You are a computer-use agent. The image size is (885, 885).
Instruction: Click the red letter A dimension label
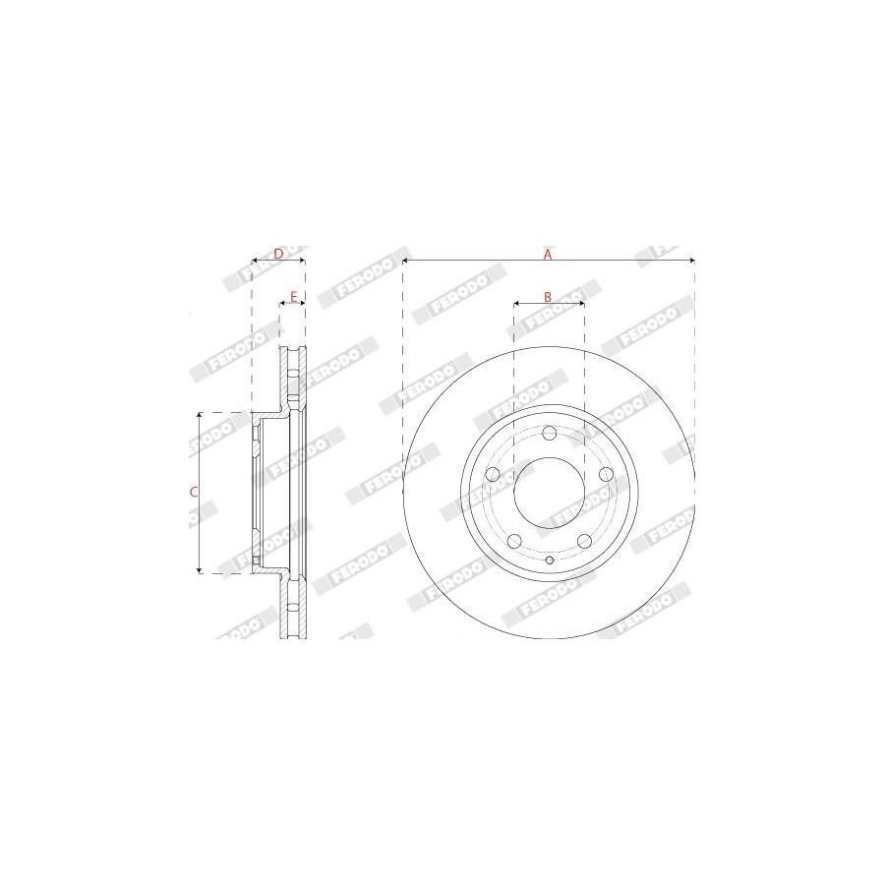(x=547, y=255)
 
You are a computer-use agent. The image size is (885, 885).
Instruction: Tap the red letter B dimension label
(x=548, y=296)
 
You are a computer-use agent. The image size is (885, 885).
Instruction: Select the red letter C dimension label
(x=194, y=493)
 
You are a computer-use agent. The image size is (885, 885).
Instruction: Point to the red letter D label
(x=278, y=254)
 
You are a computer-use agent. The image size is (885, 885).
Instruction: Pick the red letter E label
(x=293, y=296)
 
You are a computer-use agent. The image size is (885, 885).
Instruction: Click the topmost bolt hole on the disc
(x=549, y=434)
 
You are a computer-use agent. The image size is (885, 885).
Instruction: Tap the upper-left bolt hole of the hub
(x=493, y=474)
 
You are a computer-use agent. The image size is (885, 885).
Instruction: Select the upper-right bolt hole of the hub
(x=606, y=474)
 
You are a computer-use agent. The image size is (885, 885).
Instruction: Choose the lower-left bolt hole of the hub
(x=514, y=541)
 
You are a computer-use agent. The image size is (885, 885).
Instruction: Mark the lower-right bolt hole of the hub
(x=584, y=541)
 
